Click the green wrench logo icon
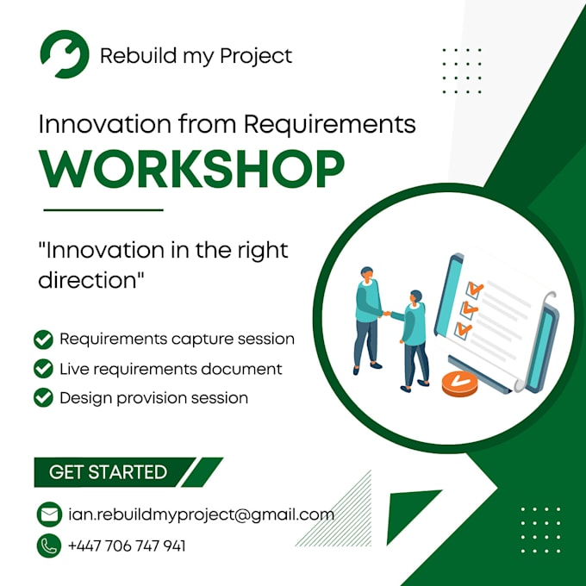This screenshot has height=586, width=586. click(64, 54)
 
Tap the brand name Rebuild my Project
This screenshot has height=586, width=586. click(196, 56)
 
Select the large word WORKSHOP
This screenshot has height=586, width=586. click(192, 169)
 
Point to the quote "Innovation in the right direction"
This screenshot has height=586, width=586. click(164, 265)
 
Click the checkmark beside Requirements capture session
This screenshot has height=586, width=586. click(43, 340)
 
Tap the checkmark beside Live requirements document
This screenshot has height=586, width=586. click(43, 369)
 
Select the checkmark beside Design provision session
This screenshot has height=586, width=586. click(43, 398)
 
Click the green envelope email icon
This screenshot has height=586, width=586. click(49, 515)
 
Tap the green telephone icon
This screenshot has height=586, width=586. click(49, 545)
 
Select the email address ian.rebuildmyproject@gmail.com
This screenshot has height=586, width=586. click(200, 515)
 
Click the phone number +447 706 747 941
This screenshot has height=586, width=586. click(126, 545)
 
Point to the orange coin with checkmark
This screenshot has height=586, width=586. click(459, 383)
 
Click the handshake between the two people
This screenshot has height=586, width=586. click(390, 314)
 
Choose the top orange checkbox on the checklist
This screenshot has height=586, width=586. click(475, 289)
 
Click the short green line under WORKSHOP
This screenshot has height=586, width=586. click(103, 209)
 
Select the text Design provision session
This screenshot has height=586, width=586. click(153, 398)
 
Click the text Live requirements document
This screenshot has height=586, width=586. click(171, 369)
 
